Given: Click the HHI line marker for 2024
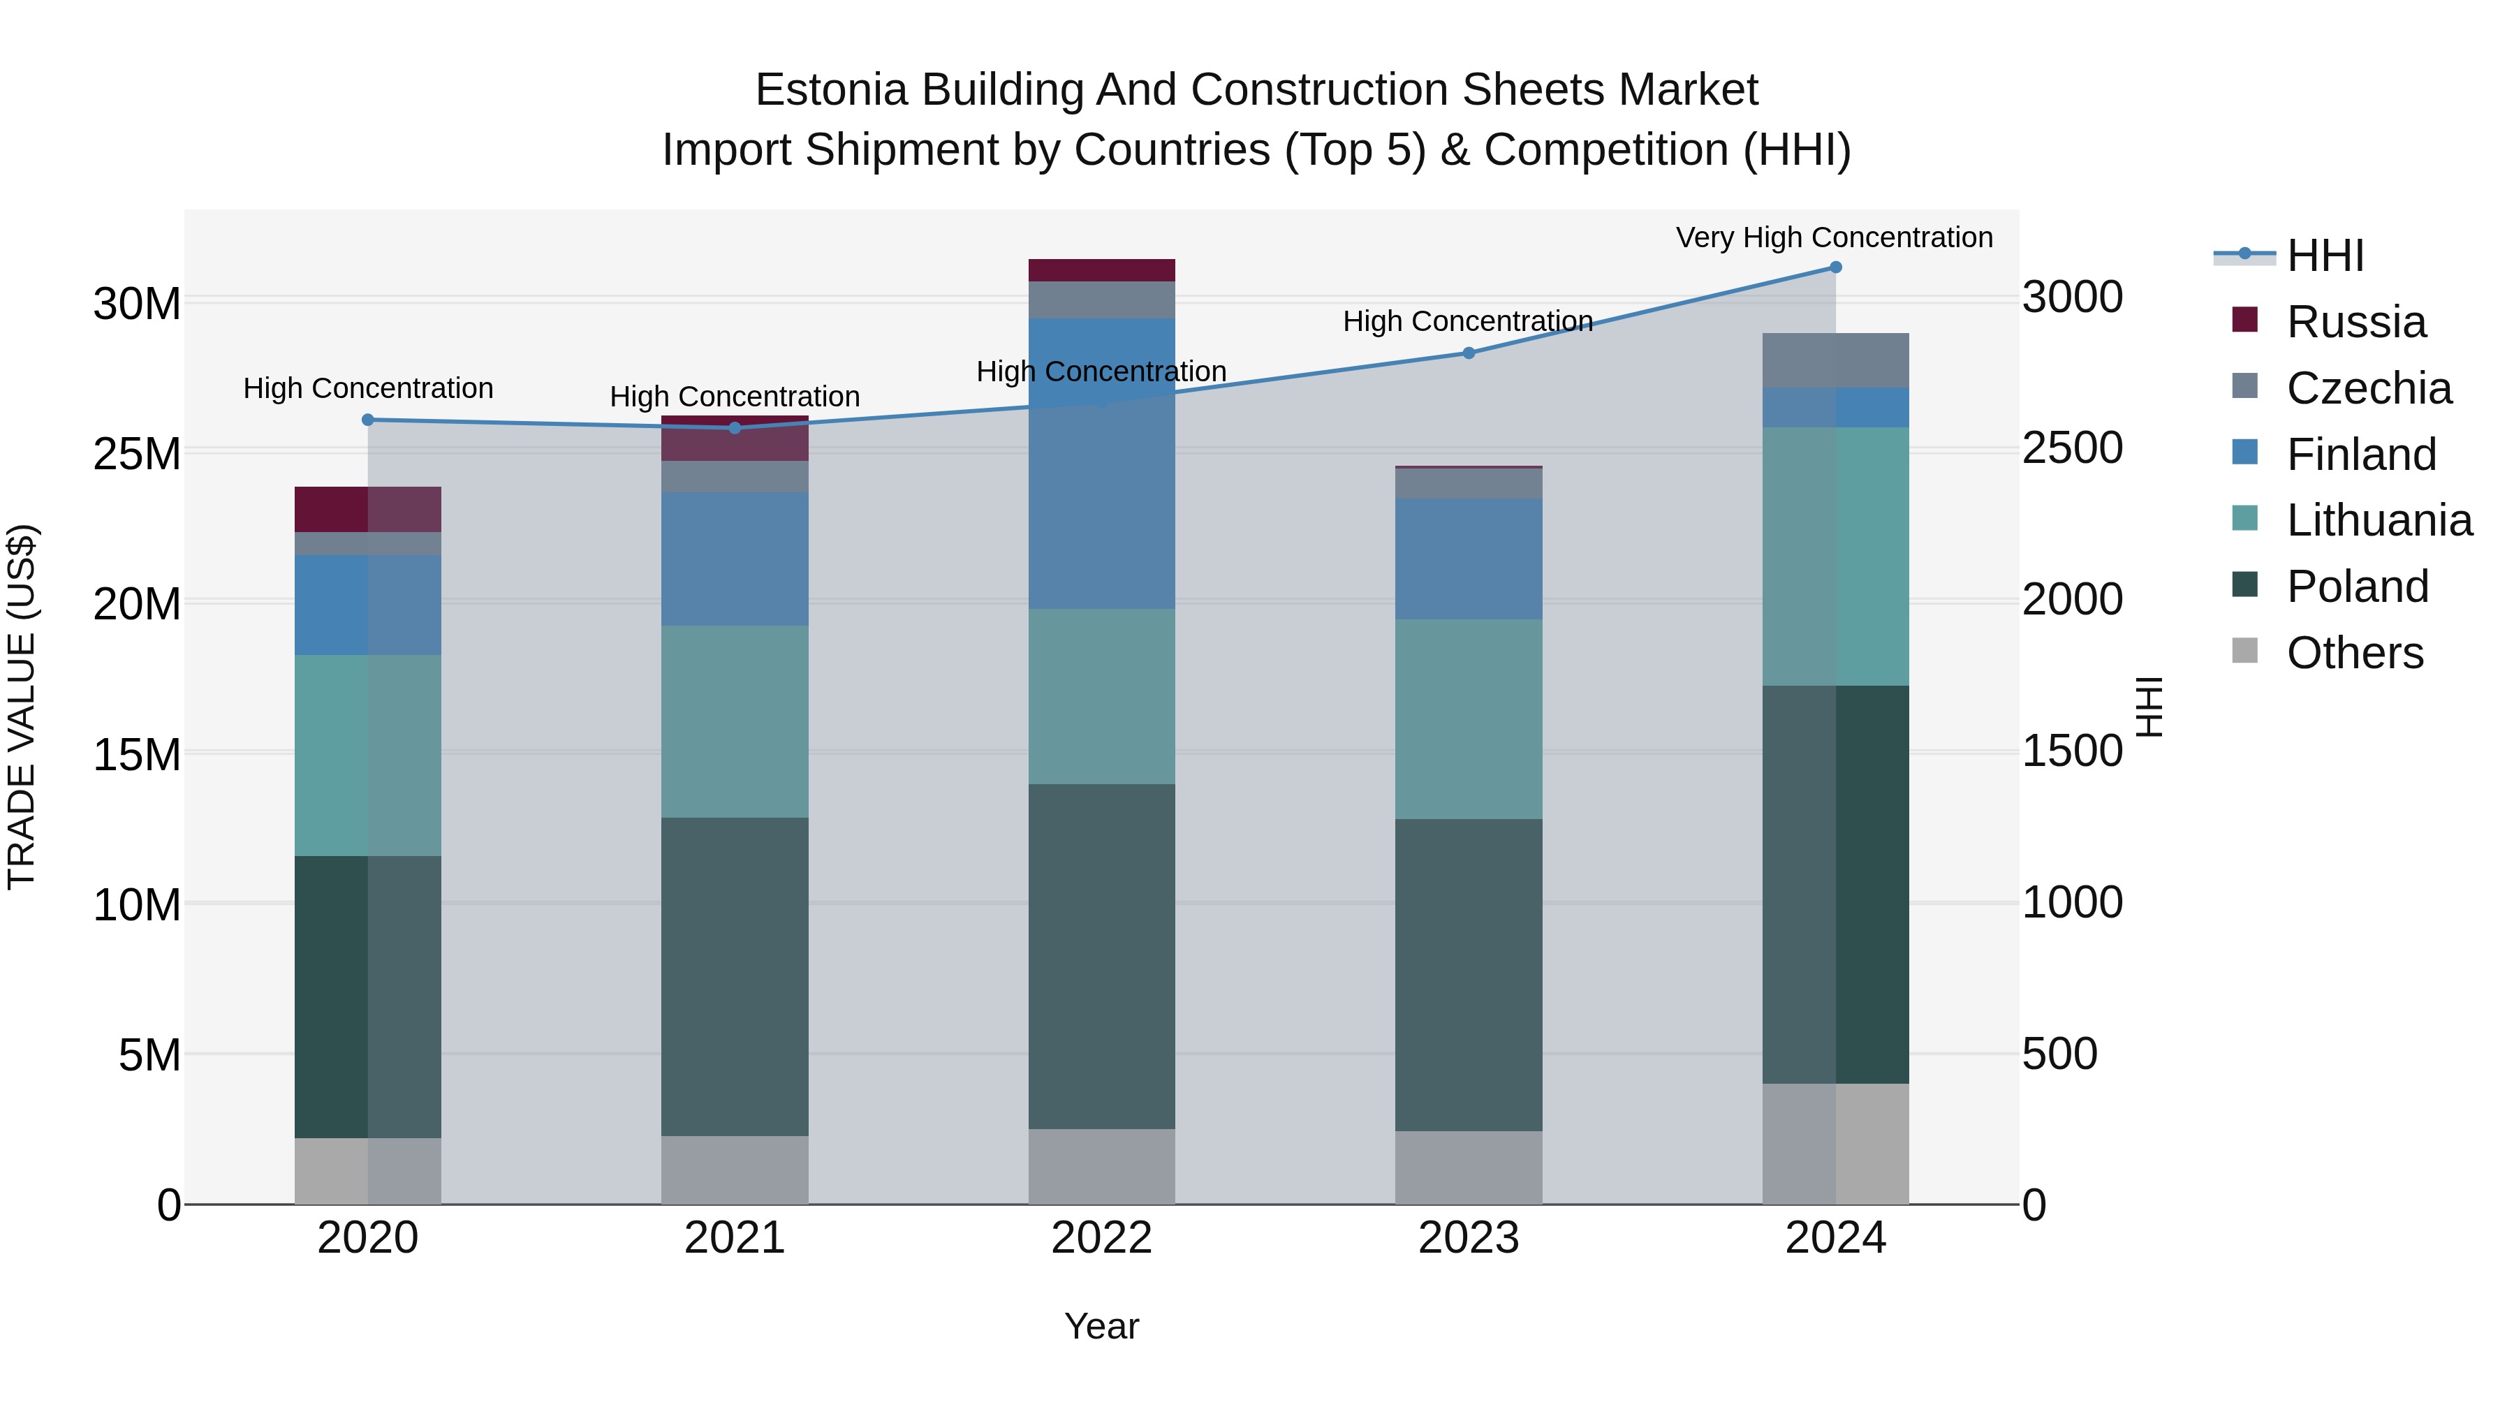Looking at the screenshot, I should pos(1835,267).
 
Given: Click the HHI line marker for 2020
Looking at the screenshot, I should pos(368,420).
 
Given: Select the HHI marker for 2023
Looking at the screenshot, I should pos(1469,353).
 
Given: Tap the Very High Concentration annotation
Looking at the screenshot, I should pos(1834,238).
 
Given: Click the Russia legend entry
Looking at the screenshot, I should pos(2356,322).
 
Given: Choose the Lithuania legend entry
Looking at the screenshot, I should pos(2379,520).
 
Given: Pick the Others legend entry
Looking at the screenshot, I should pos(2354,653).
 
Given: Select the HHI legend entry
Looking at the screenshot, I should pos(2325,256).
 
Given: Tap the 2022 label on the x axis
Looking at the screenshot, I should pos(1102,1238).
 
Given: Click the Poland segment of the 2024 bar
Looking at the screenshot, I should pos(1835,883).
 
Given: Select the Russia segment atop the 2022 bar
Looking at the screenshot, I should pos(1102,270).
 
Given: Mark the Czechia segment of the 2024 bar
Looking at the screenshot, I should pos(1835,360).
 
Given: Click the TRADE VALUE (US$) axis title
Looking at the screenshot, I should pos(22,707).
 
